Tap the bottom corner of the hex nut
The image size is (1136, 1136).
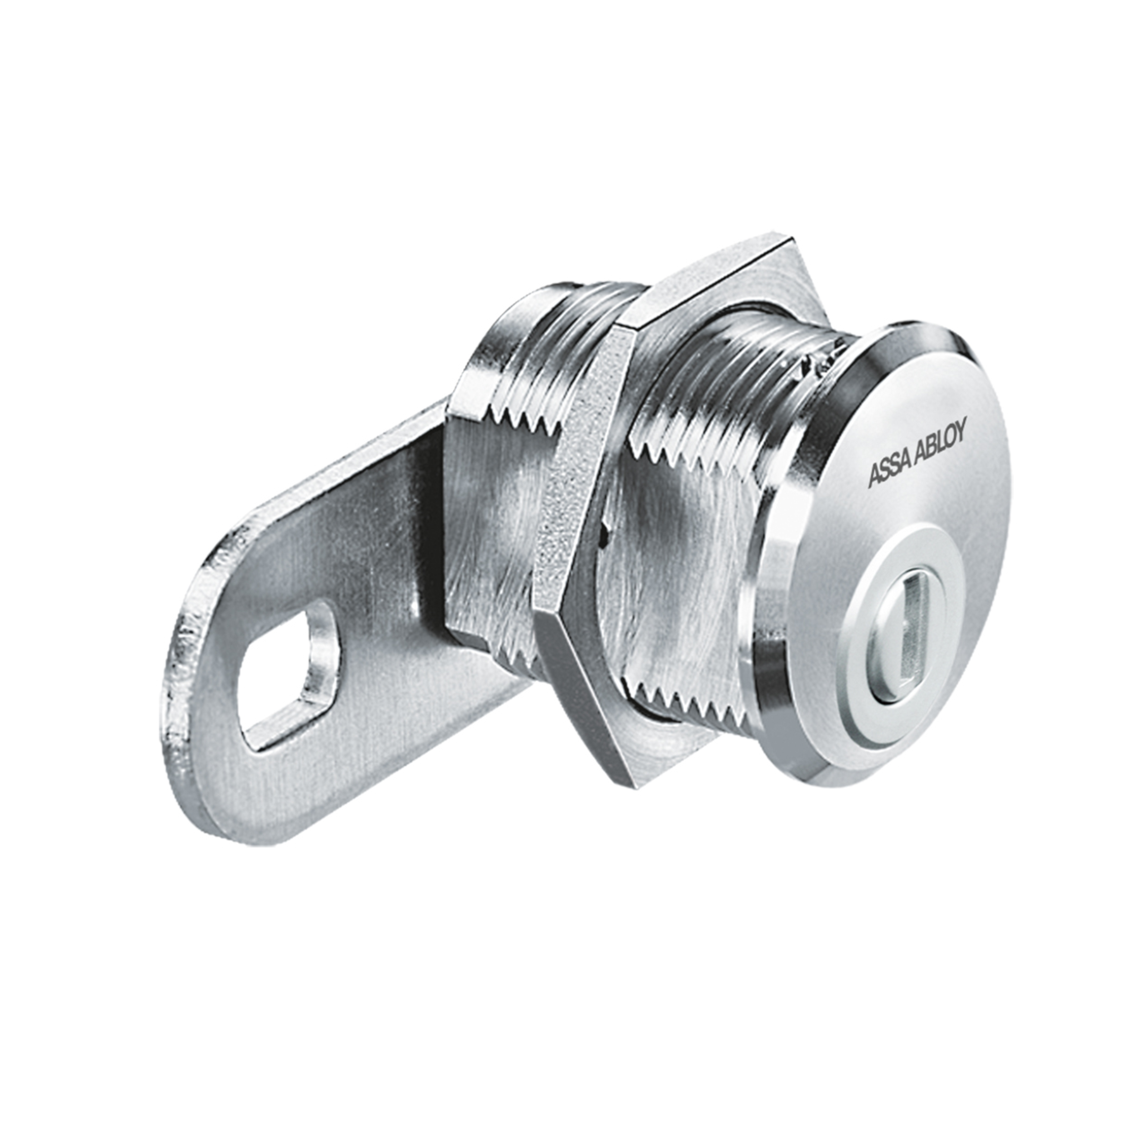(x=623, y=779)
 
